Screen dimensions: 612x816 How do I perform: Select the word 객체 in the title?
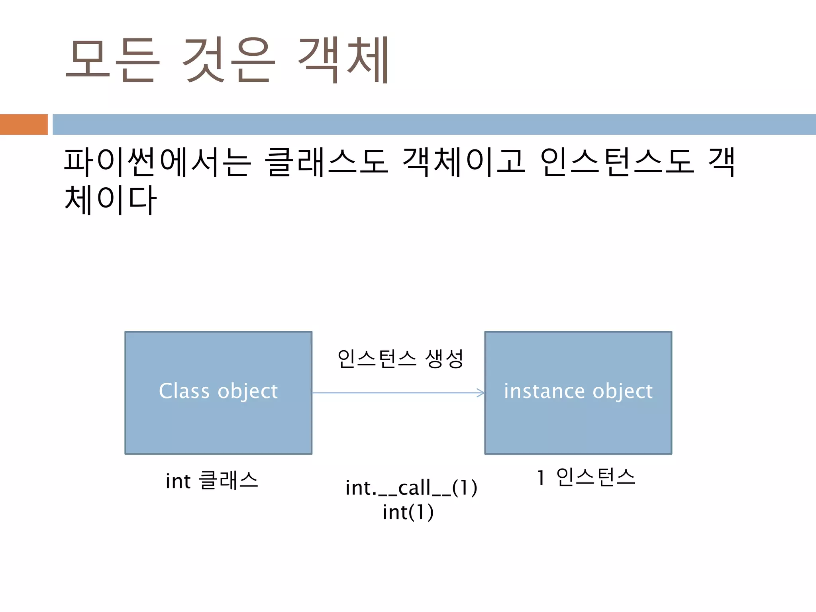pos(343,60)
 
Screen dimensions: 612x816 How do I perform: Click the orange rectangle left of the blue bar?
pos(24,124)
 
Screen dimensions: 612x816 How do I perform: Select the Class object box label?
pos(218,391)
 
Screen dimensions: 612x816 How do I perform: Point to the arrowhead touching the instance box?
pos(481,393)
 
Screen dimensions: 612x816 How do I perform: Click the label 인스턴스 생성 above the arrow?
pos(400,358)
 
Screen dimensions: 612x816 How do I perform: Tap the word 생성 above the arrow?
pos(444,358)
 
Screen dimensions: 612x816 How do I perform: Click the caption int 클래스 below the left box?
pos(212,480)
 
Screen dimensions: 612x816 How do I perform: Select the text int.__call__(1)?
pos(411,488)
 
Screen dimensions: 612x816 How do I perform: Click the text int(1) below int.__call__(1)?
pos(408,512)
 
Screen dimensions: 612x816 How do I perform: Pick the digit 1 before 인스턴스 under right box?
pos(541,478)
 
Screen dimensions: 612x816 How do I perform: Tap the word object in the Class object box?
pos(247,391)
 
